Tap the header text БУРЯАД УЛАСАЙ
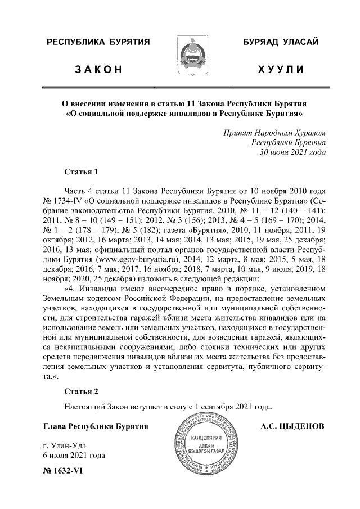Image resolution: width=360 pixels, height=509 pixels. click(281, 43)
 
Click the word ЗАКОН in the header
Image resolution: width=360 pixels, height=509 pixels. click(98, 70)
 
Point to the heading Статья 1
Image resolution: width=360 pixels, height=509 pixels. click(82, 171)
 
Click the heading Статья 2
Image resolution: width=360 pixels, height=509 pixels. click(82, 391)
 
